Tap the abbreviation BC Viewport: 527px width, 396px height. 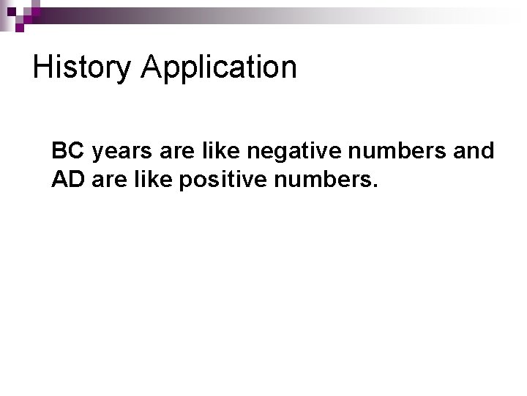click(68, 151)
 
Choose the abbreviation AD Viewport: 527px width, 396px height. click(69, 179)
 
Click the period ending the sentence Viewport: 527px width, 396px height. click(375, 186)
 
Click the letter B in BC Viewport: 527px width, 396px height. click(59, 151)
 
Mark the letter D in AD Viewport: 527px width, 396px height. click(78, 179)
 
